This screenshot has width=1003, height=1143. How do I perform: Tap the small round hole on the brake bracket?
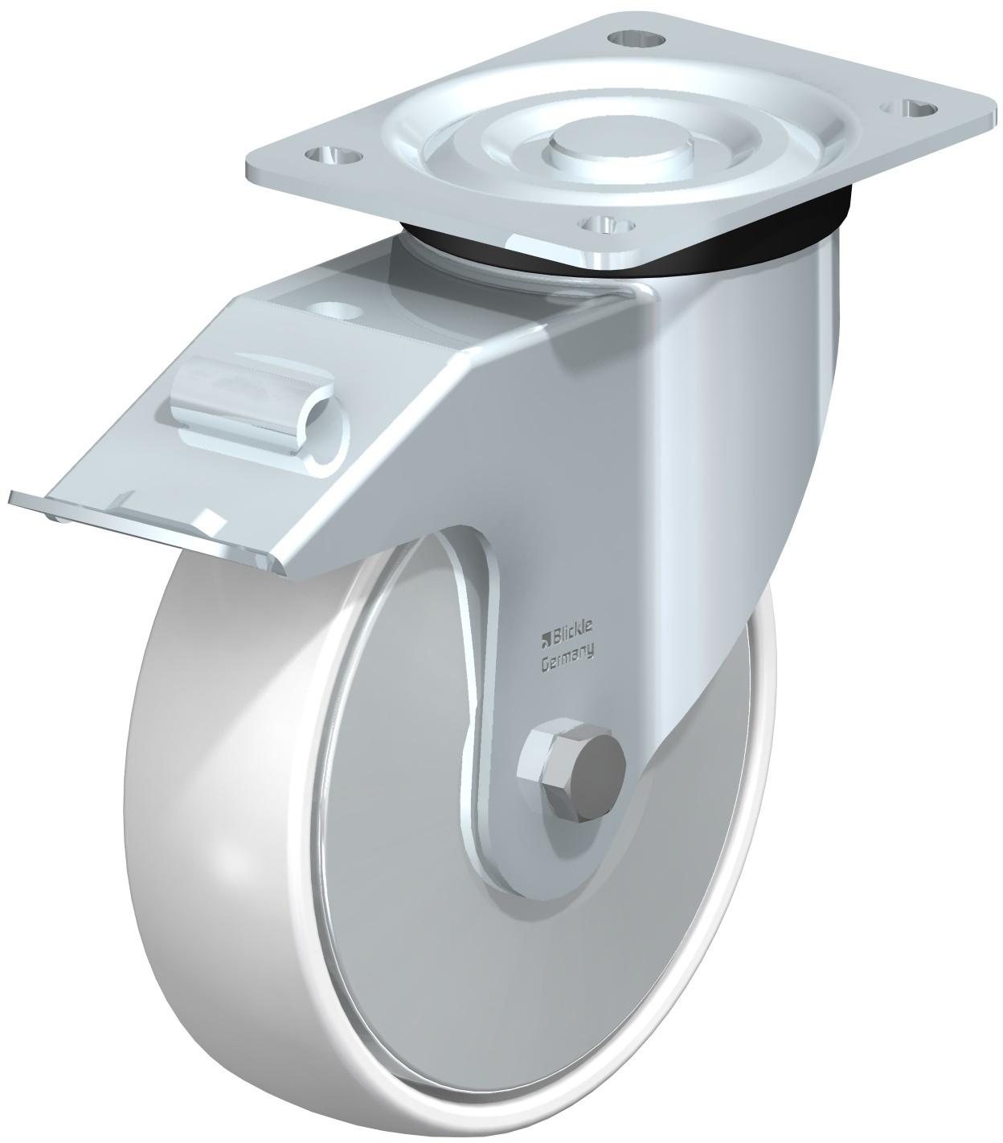click(x=338, y=310)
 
